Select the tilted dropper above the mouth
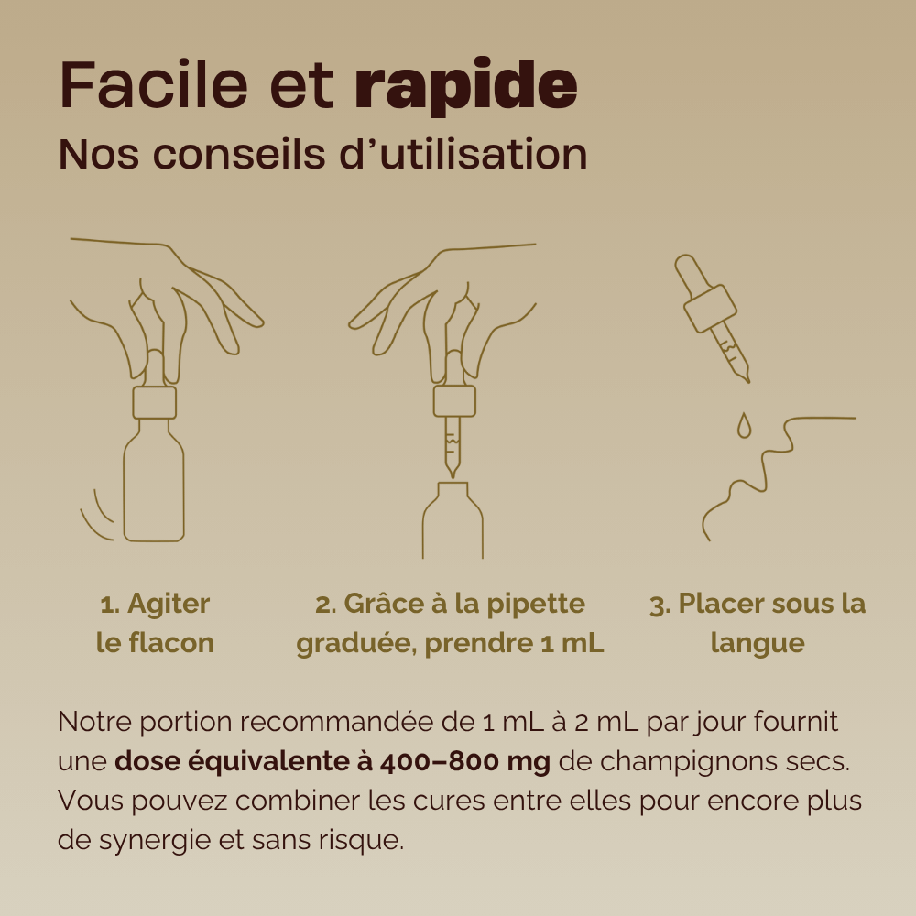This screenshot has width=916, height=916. [x=713, y=316]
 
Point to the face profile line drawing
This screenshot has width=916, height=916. [x=760, y=472]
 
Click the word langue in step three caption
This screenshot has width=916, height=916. [x=758, y=643]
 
